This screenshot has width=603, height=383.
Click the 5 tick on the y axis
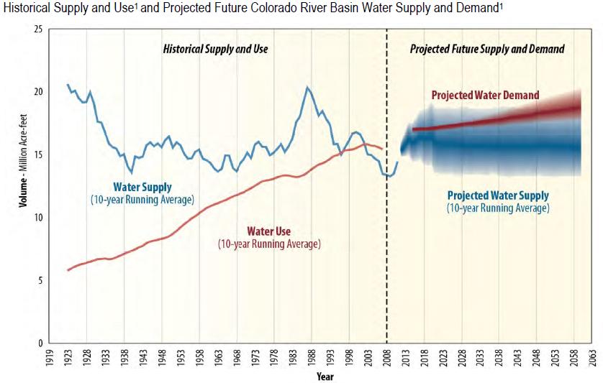point(40,280)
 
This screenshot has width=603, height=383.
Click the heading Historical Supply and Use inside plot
point(215,50)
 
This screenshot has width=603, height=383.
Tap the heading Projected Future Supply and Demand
point(487,50)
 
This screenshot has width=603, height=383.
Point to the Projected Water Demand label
point(485,96)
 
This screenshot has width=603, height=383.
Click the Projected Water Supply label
point(498,195)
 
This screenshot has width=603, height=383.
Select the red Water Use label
point(269,231)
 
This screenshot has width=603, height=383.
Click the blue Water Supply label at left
point(142,186)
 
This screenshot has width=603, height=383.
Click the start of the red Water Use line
point(68,270)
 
